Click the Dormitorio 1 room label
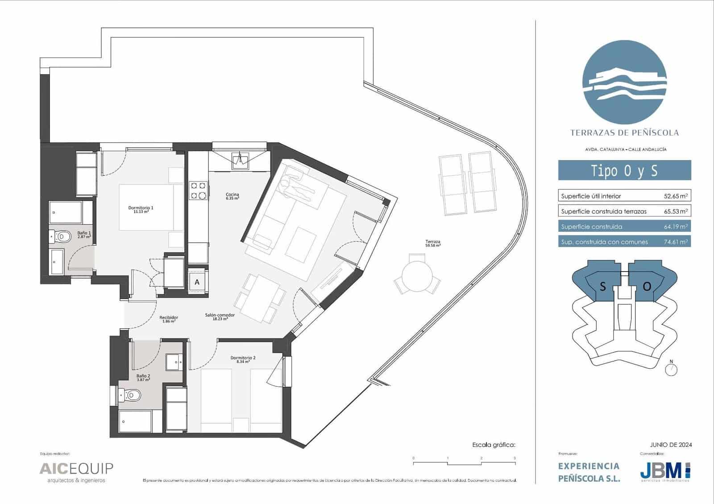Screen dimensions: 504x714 click(x=141, y=209)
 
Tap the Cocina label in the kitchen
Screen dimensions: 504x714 click(x=232, y=196)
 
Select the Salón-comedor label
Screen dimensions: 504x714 click(x=220, y=316)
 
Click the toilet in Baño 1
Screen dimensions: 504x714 click(x=63, y=236)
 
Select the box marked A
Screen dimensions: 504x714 click(x=197, y=282)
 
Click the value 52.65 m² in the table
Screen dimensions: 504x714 click(x=675, y=196)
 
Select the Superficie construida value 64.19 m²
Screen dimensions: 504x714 click(x=675, y=227)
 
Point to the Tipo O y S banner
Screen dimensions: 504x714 click(x=624, y=171)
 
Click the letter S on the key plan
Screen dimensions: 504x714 click(x=602, y=287)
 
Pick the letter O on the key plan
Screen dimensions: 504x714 click(x=647, y=287)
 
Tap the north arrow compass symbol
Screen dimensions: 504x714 click(x=671, y=369)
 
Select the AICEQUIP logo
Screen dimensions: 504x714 click(x=76, y=469)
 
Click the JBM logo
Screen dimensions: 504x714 click(x=665, y=470)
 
